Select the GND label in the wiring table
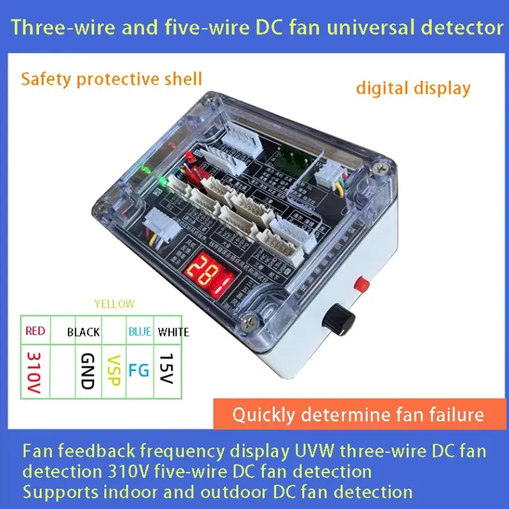pos(86,370)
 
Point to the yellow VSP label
pos(114,370)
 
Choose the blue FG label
pos(139,370)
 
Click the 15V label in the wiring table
pos(166,368)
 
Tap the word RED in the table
pos(35,331)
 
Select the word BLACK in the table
pos(83,332)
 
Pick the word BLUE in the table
pos(140,331)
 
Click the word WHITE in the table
pos(174,332)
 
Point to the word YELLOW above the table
pos(114,304)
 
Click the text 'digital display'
pos(413,88)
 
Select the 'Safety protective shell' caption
pos(111,79)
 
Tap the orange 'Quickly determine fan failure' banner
pos(358,414)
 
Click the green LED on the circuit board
pos(162,181)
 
